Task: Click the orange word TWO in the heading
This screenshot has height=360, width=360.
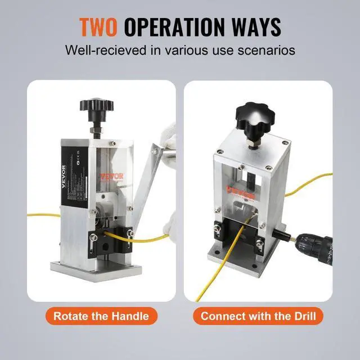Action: [99, 26]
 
